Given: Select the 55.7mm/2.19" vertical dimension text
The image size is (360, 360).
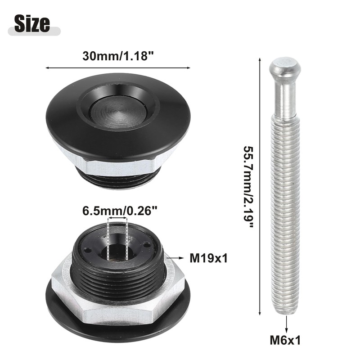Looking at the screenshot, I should (249, 187).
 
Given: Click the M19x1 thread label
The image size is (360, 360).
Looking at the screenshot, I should (208, 258).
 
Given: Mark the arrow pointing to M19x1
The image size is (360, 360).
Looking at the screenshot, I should (175, 258).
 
